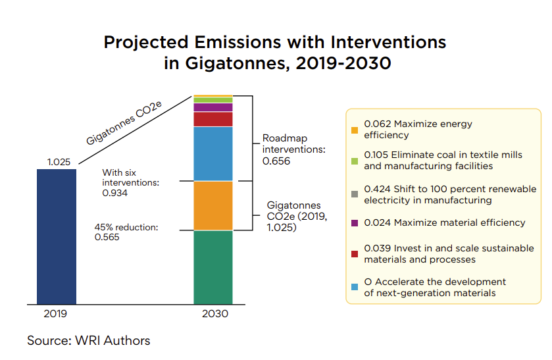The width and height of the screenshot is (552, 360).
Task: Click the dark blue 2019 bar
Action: click(x=56, y=237)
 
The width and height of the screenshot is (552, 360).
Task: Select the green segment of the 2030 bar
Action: click(x=213, y=267)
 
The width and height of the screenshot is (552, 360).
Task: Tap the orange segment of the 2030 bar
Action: click(x=213, y=205)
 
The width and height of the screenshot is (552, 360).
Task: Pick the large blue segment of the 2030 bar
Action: click(x=213, y=153)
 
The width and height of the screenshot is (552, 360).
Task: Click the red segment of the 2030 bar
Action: click(x=213, y=119)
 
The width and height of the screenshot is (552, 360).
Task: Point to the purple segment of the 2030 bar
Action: click(x=213, y=107)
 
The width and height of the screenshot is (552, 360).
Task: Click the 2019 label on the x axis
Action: click(x=55, y=314)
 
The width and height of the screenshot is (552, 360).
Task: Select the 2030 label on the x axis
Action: click(x=214, y=314)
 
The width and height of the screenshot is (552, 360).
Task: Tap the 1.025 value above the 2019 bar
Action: click(x=59, y=161)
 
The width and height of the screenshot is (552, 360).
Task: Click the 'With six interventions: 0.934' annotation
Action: click(x=131, y=183)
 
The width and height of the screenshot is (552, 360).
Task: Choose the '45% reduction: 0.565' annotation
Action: click(x=126, y=232)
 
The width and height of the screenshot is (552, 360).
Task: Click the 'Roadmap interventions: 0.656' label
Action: click(x=293, y=149)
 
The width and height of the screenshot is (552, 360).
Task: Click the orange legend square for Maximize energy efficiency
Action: click(x=355, y=130)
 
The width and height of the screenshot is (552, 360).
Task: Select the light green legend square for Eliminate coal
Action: click(x=355, y=161)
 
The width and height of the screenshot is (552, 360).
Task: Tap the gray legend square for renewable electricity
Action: click(x=355, y=194)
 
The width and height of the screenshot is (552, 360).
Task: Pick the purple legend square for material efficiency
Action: click(x=355, y=223)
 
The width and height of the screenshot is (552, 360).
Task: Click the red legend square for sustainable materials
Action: click(x=355, y=253)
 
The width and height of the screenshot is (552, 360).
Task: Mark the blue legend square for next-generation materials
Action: click(x=355, y=287)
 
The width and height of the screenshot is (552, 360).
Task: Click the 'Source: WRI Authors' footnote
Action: click(x=88, y=340)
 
